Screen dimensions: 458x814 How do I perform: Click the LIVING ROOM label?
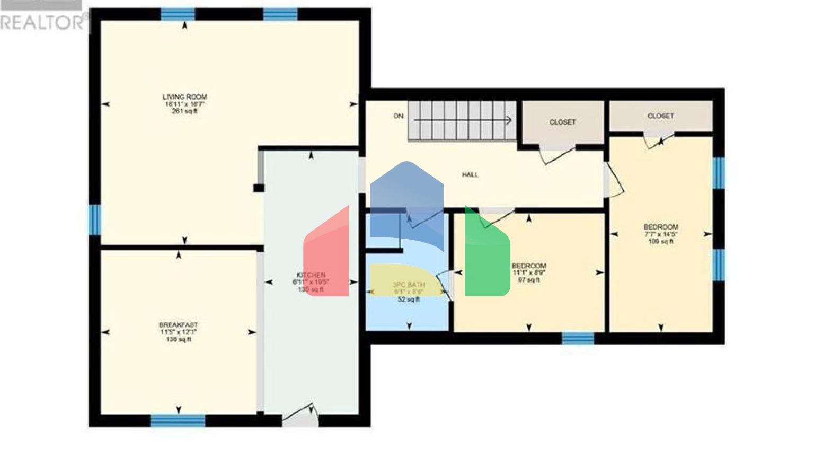(x=184, y=97)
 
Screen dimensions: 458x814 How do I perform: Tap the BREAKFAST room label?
(x=179, y=325)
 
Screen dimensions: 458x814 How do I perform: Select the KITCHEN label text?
(x=311, y=275)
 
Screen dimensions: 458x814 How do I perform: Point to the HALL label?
(x=470, y=174)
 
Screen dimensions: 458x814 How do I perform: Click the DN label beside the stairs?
(x=399, y=116)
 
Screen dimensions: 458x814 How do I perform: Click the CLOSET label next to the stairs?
(x=562, y=122)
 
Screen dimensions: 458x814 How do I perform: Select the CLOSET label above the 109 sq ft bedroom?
(x=661, y=116)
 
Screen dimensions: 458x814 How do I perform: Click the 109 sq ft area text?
(x=661, y=242)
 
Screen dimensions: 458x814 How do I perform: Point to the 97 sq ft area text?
(x=529, y=280)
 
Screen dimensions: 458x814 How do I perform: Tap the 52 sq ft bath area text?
(x=409, y=299)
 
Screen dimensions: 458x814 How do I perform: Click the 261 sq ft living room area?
(x=184, y=111)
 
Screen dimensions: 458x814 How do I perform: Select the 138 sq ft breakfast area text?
(x=179, y=339)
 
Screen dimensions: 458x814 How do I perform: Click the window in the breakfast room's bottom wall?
(x=178, y=421)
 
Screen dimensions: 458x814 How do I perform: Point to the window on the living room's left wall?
(x=95, y=219)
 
